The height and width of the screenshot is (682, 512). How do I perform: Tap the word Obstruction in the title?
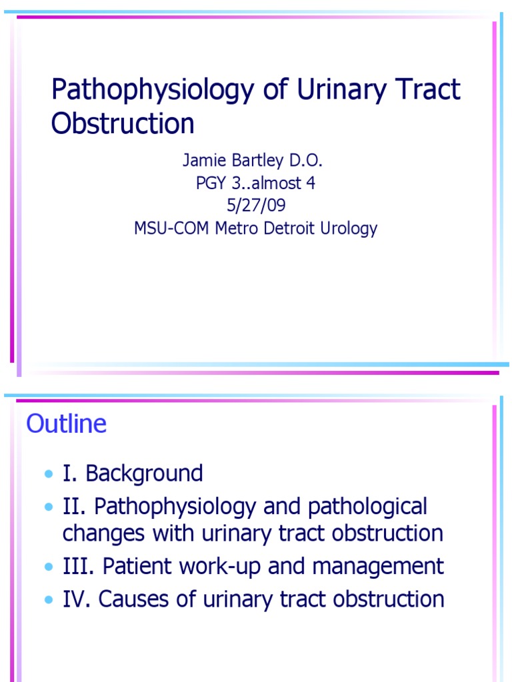click(x=123, y=125)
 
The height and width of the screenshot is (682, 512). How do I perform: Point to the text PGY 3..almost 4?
click(x=255, y=184)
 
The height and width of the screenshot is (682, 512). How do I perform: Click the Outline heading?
click(x=66, y=424)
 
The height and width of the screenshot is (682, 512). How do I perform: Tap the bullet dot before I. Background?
click(x=49, y=475)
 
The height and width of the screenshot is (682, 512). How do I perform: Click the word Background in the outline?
click(x=144, y=474)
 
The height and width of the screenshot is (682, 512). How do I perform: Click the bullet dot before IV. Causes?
click(x=49, y=600)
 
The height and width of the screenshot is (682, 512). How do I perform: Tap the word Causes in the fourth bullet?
click(x=138, y=599)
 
